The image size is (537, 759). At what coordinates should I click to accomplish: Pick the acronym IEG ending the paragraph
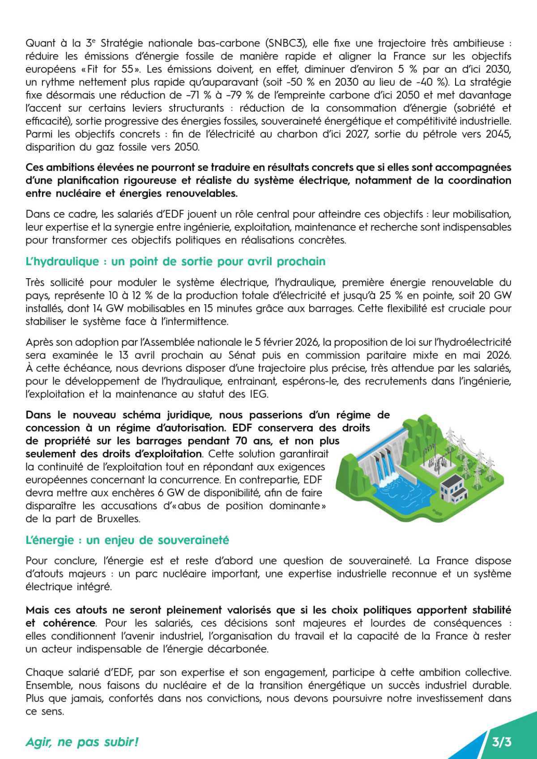(257, 394)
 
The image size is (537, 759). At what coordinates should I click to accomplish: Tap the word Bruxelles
(118, 519)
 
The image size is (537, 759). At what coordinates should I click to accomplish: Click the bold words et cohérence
(60, 623)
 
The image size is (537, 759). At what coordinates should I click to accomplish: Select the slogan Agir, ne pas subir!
(82, 742)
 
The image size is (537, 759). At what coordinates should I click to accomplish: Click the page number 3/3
(501, 742)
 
